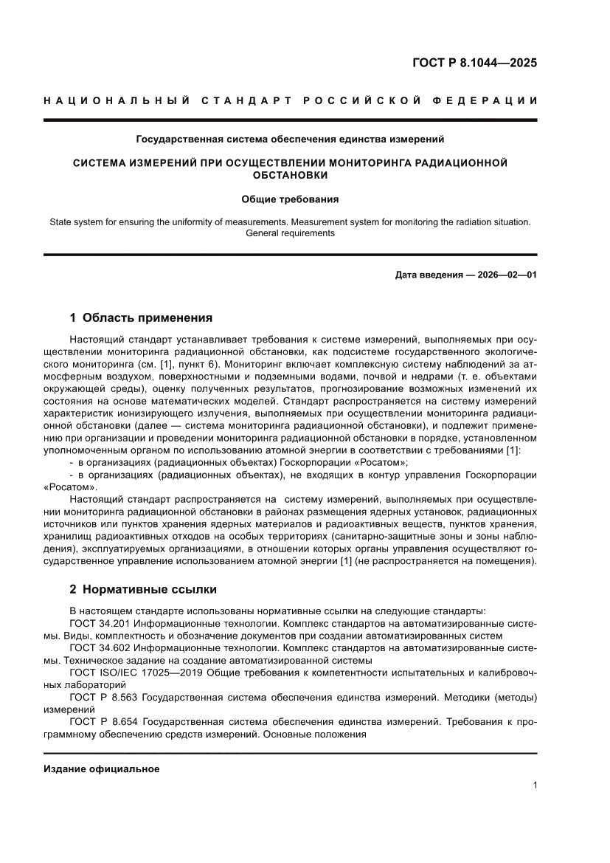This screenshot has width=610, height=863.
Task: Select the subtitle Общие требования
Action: coord(290,199)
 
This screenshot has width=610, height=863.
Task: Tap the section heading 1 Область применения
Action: coord(141,318)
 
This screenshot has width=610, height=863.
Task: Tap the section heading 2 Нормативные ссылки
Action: coord(143,590)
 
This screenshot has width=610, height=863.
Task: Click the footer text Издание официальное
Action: coord(102,769)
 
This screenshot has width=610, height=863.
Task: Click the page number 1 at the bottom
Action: coord(534,785)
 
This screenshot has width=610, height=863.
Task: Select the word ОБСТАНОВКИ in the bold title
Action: coord(290,175)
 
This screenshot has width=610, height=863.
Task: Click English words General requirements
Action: coord(290,233)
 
